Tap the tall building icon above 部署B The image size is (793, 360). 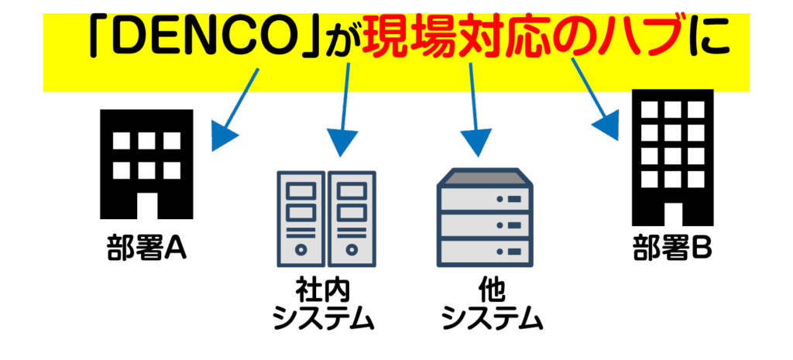click(672, 155)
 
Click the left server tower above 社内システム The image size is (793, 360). click(300, 218)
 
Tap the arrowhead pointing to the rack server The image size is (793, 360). click(475, 142)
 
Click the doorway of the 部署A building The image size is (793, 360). click(146, 205)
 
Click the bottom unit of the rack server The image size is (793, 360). click(486, 251)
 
